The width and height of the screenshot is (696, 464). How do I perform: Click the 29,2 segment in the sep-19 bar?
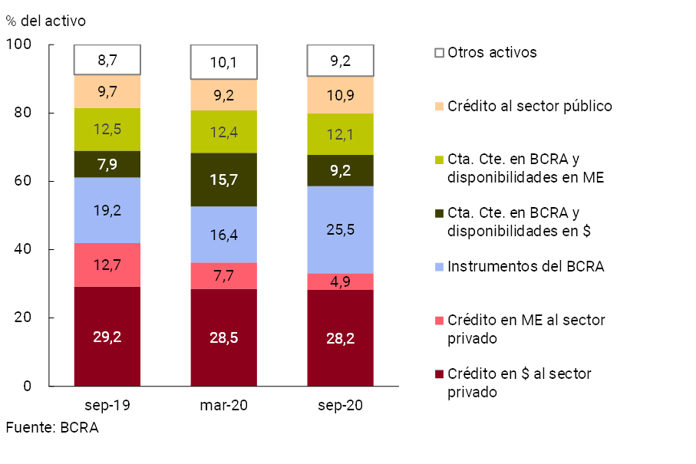coord(107,337)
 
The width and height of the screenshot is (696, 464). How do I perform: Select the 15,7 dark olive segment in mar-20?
coord(223,179)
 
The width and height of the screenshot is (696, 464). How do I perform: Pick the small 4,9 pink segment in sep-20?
coord(340,281)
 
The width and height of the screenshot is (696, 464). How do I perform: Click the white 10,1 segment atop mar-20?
coord(223,62)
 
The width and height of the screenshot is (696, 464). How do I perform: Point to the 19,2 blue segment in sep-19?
coord(107,210)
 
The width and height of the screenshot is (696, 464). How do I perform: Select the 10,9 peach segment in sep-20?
coord(340,95)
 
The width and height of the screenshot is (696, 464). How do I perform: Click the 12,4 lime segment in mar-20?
coord(223,131)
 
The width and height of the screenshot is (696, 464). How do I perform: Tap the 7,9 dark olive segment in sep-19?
coord(107,164)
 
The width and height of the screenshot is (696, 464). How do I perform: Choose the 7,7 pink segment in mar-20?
coord(223,275)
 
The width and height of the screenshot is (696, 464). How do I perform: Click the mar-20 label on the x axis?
coord(223,405)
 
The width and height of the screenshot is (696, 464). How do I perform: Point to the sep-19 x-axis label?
coord(107,405)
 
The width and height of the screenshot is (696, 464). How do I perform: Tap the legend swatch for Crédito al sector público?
coord(439,106)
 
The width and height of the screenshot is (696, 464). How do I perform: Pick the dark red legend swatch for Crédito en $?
coord(439,374)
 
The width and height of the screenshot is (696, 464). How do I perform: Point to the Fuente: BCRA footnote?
coord(52,428)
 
